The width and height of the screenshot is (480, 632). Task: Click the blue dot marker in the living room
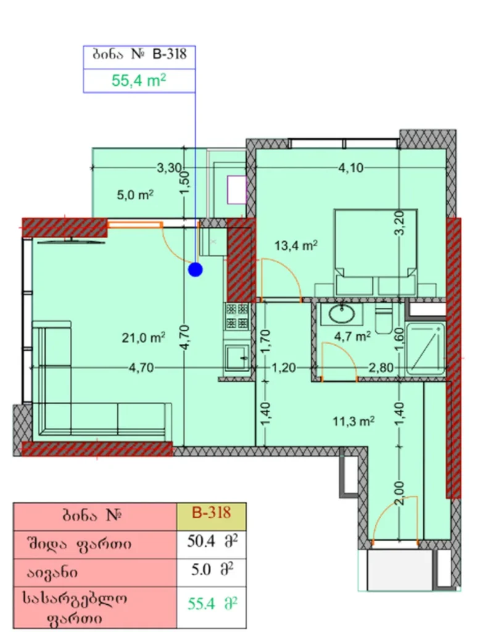tap(196, 269)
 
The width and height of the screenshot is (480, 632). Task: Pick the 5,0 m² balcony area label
tap(135, 195)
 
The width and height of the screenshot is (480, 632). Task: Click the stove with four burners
tap(237, 317)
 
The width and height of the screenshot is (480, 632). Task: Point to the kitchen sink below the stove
tap(237, 357)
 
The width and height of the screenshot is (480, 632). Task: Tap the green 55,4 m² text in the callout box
tap(139, 80)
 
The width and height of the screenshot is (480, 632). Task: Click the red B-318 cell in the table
tap(211, 512)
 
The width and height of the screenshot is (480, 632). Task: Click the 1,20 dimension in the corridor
tap(284, 368)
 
